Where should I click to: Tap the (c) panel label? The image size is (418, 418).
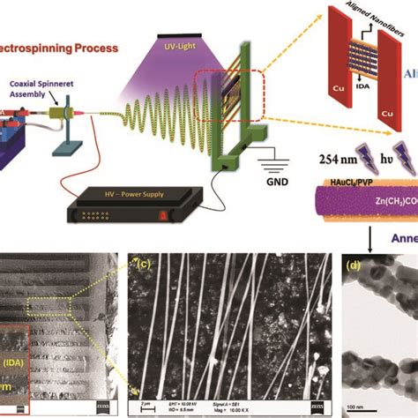[x=138, y=262]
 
